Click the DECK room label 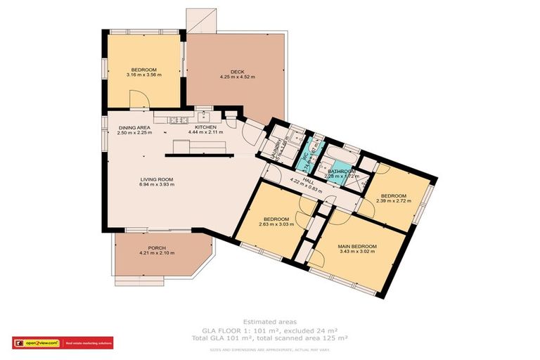pos(237,71)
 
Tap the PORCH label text pos(156,247)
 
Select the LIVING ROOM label pos(156,180)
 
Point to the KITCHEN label pos(205,127)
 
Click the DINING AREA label pos(134,127)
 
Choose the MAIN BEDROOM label pos(358,246)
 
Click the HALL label pos(307,181)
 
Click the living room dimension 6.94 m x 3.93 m pos(156,186)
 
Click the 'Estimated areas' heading pos(269,321)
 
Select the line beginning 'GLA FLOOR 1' pos(269,330)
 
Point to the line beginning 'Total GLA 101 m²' pos(269,339)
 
